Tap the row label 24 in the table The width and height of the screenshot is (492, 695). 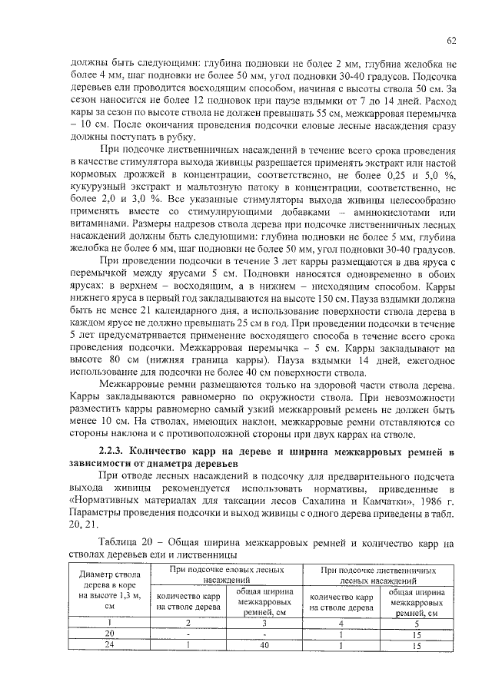[x=109, y=646]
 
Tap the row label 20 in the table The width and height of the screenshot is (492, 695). [x=109, y=634]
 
